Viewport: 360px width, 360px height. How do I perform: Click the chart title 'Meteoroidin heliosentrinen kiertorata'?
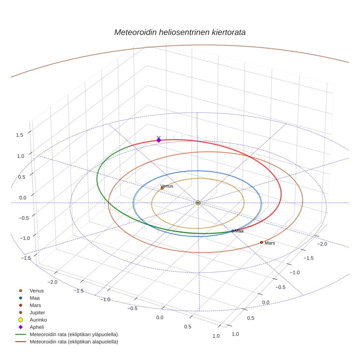tap(180, 32)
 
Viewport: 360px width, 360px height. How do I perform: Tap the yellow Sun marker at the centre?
tap(198, 203)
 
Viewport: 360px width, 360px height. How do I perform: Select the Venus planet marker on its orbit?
tap(162, 188)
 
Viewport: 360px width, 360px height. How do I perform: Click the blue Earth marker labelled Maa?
tap(233, 231)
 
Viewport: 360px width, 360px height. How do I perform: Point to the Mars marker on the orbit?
tap(262, 242)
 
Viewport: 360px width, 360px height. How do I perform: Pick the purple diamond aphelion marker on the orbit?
tap(159, 140)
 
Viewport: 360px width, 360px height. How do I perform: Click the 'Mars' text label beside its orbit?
tap(270, 243)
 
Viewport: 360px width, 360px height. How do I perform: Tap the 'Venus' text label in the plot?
tap(167, 186)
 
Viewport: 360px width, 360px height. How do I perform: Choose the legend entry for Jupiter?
tap(37, 312)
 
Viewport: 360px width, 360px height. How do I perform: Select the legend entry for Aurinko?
tap(38, 320)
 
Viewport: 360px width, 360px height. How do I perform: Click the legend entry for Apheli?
tap(37, 327)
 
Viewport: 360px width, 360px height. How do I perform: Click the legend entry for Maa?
tap(35, 298)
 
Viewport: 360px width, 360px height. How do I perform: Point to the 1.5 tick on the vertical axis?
tap(19, 135)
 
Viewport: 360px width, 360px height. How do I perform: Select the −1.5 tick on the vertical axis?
tap(25, 258)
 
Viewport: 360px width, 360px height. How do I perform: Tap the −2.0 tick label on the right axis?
tap(322, 244)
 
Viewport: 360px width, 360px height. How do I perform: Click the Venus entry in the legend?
tap(37, 290)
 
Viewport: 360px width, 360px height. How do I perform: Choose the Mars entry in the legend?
tap(35, 305)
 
